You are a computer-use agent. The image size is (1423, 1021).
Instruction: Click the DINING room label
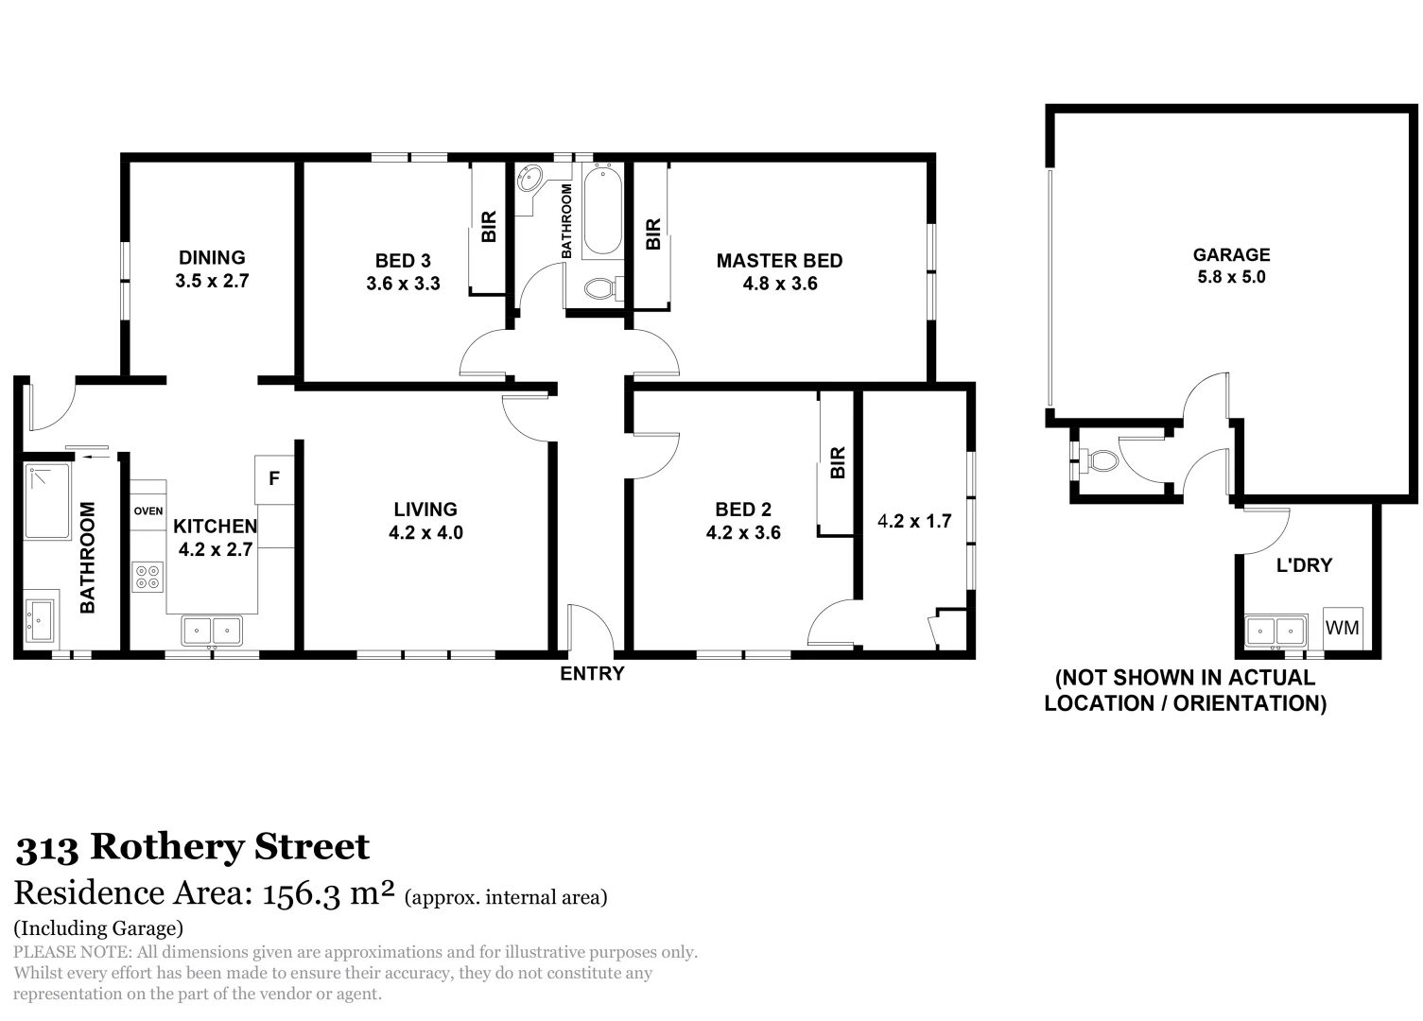(x=212, y=258)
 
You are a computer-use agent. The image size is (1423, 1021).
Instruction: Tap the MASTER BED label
(x=778, y=261)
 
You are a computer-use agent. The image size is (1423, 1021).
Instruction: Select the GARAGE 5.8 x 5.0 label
(x=1230, y=266)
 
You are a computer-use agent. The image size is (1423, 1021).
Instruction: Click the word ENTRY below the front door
(x=592, y=674)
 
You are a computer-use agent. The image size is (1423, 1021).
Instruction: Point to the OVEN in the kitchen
(x=148, y=511)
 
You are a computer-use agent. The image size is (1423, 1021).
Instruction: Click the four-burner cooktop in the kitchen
(x=148, y=577)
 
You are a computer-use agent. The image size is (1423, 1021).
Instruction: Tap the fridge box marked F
(x=274, y=479)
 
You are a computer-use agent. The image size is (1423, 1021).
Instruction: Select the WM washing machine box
(x=1342, y=628)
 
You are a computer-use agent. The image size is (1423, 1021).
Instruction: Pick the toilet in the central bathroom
(x=601, y=287)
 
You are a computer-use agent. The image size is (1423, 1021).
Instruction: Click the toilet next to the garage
(x=1101, y=460)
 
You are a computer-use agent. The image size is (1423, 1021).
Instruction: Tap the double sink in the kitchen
(x=212, y=630)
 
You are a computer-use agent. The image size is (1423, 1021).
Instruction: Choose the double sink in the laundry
(x=1275, y=630)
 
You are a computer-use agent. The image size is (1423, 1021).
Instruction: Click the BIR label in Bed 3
(x=488, y=227)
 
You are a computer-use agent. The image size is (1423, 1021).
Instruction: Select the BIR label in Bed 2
(x=837, y=462)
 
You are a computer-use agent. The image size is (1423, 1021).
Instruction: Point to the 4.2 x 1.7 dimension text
(x=914, y=521)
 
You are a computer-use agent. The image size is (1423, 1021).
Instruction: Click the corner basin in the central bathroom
(x=530, y=178)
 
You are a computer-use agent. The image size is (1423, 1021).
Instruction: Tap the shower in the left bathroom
(x=47, y=501)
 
